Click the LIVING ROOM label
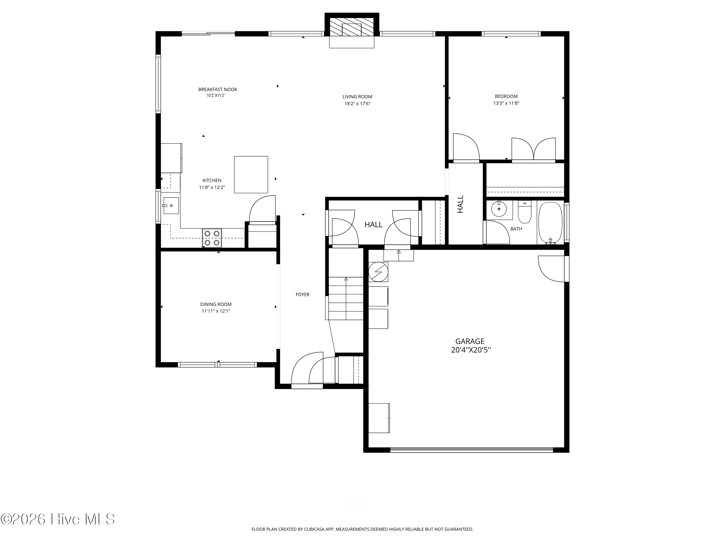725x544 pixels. (357, 97)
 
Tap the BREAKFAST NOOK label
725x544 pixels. (218, 89)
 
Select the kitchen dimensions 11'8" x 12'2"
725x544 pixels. (212, 188)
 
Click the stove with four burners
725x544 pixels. (212, 238)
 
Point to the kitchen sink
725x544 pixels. (171, 206)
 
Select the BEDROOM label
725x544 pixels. (506, 96)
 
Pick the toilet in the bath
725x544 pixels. (524, 212)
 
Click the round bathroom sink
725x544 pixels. (499, 209)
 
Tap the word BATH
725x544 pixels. (516, 229)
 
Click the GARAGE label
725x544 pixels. (470, 341)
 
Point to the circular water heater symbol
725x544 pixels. (378, 272)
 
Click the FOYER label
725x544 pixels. (303, 295)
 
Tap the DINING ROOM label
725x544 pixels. (216, 304)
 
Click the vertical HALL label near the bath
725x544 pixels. (460, 204)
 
